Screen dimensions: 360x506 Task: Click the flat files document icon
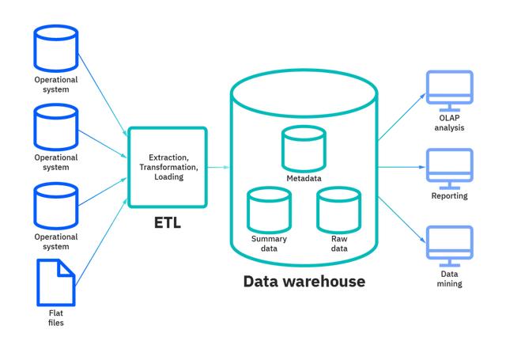pos(56,282)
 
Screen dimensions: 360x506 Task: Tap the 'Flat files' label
pos(56,317)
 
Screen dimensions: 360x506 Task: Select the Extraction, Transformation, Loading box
pos(167,167)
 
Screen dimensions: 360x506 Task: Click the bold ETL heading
pos(167,223)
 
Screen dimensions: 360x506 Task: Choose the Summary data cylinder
pos(269,208)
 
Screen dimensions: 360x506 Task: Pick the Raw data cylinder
pos(338,208)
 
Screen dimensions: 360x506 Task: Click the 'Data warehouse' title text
pos(304,281)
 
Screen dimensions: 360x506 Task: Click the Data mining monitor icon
pos(449,245)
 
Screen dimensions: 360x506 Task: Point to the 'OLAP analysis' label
pos(449,123)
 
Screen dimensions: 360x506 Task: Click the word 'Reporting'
pos(449,196)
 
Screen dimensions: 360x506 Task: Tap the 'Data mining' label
pos(449,279)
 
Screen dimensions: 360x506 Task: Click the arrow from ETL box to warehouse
pos(219,168)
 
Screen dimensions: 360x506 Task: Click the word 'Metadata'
pos(304,178)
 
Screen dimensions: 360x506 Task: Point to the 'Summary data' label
pos(269,244)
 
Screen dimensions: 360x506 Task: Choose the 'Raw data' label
pos(338,244)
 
